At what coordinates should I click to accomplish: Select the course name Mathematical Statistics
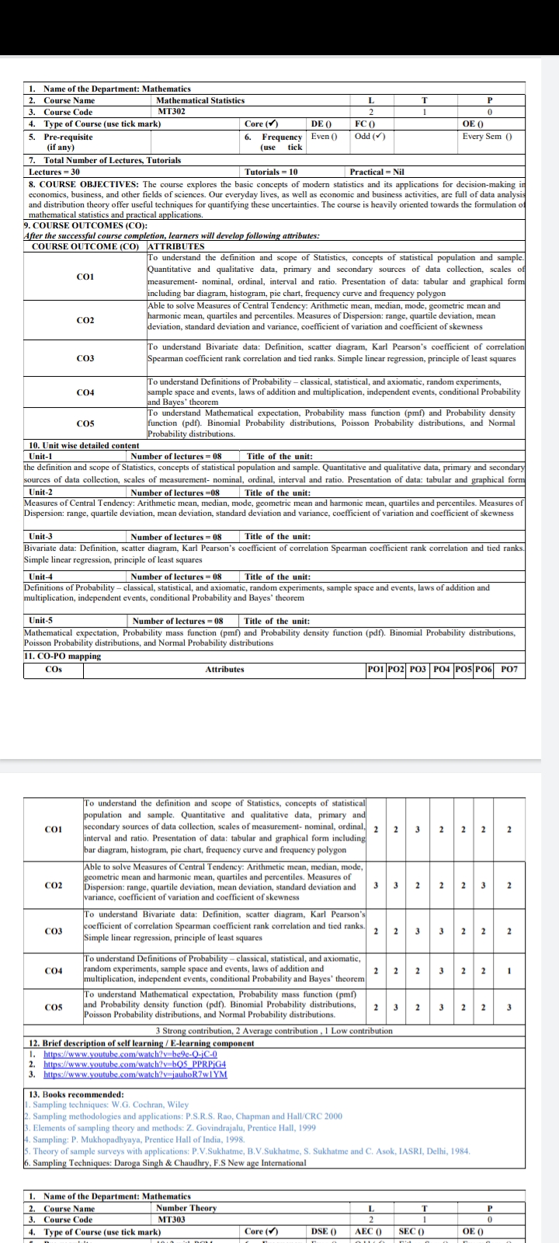click(x=200, y=100)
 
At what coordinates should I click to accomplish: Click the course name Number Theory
click(x=186, y=1208)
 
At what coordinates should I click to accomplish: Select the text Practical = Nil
click(x=377, y=171)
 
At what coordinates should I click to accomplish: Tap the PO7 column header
click(x=509, y=669)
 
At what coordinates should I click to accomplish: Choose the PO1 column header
click(x=376, y=669)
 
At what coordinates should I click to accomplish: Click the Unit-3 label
click(x=41, y=537)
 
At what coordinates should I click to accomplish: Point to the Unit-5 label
click(x=41, y=621)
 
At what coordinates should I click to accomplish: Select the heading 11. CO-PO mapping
click(x=63, y=656)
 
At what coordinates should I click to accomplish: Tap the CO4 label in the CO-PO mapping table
click(x=54, y=971)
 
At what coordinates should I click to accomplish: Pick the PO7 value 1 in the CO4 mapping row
click(x=509, y=971)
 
